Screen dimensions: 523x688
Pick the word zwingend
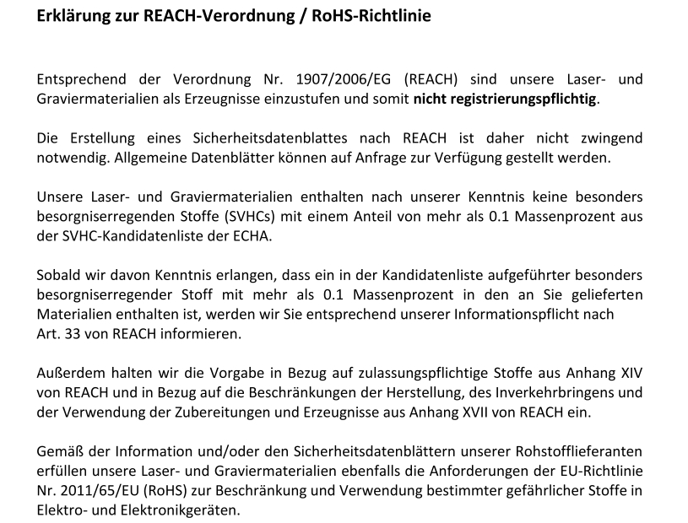tap(610, 138)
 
